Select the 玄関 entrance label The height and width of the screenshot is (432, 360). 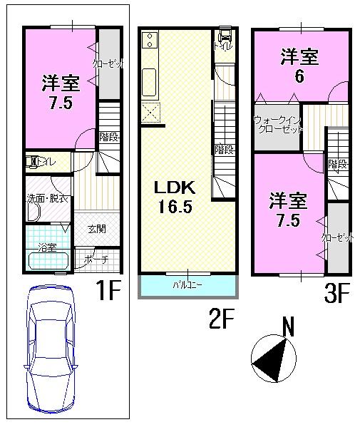click(97, 229)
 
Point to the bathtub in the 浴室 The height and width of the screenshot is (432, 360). click(48, 261)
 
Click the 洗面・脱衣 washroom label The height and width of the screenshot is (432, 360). click(48, 198)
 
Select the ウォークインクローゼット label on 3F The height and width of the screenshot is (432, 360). click(278, 125)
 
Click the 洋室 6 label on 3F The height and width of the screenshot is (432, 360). click(299, 66)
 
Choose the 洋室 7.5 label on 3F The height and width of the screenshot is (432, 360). click(289, 210)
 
